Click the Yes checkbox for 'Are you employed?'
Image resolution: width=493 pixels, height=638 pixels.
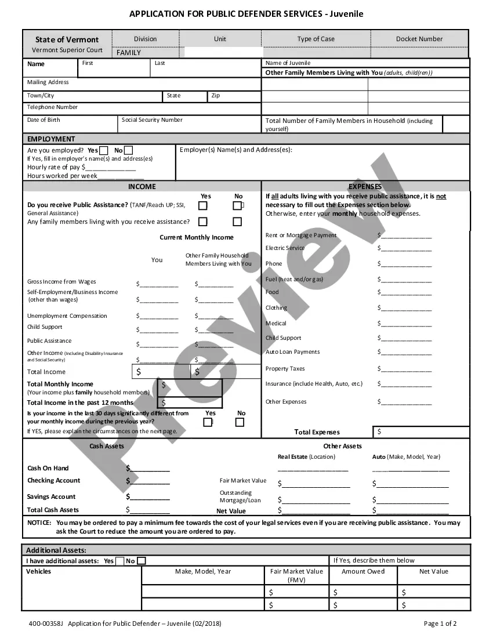[x=104, y=151]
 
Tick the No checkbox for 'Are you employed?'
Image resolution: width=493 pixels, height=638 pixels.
[x=128, y=151]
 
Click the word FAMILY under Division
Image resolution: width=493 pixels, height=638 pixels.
[x=129, y=53]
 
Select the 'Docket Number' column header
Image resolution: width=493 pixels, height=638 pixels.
[x=419, y=39]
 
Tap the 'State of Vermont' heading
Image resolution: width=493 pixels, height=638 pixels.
[x=67, y=39]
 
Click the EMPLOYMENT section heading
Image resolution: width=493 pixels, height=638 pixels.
[x=51, y=139]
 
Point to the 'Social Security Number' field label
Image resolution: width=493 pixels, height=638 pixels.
[x=152, y=120]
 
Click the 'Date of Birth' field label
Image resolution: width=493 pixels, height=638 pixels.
[x=43, y=120]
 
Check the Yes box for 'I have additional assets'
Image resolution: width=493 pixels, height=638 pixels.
[x=119, y=561]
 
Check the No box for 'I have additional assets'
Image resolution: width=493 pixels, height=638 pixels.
[x=142, y=561]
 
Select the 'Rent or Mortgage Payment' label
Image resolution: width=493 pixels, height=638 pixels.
[x=301, y=235]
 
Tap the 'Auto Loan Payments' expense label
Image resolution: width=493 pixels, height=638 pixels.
[x=292, y=352]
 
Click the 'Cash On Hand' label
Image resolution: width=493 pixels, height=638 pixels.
[x=48, y=468]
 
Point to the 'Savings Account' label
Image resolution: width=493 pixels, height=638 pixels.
[x=51, y=496]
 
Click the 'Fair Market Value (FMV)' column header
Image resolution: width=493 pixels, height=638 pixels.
[x=296, y=575]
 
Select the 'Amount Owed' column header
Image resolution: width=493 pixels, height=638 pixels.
[x=363, y=571]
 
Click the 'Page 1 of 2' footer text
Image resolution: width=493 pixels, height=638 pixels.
[x=440, y=624]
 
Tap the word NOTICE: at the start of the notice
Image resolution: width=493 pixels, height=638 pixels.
[x=39, y=523]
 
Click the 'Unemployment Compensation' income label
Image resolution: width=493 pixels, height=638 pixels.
[x=67, y=316]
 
